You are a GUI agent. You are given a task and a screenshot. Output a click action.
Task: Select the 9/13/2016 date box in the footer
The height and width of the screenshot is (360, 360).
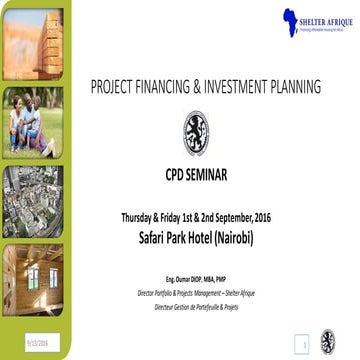click(x=22, y=343)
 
